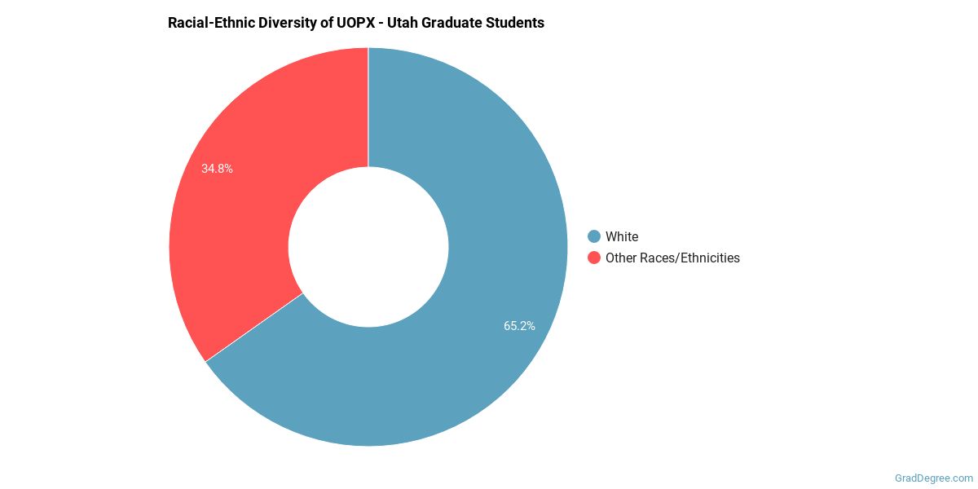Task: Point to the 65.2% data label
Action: point(519,326)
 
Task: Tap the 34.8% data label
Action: point(217,169)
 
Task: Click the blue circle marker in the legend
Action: point(593,236)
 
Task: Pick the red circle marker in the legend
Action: point(593,258)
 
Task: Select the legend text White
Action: point(622,236)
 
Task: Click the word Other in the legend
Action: point(622,258)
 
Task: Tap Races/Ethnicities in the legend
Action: point(691,258)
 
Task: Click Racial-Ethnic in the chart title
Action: point(209,23)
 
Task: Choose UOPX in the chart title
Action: point(355,23)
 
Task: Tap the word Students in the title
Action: point(517,23)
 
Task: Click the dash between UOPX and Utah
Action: point(381,23)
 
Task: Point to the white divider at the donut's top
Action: point(368,106)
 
